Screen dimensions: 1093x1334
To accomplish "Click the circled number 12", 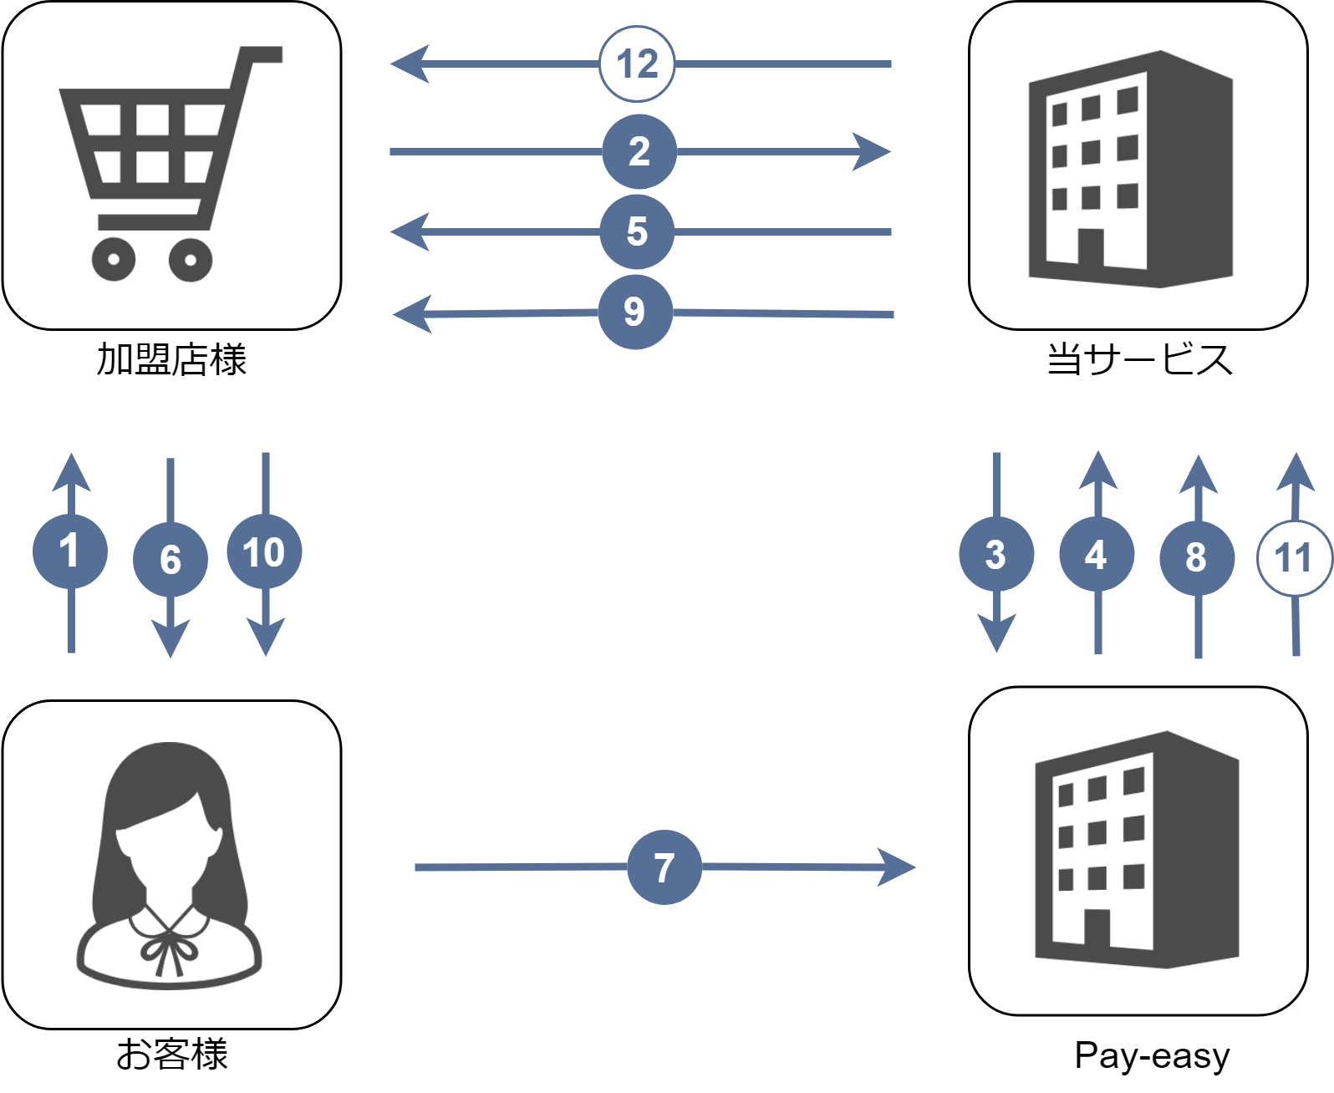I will tap(637, 64).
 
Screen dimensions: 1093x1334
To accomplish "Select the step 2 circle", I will tap(639, 151).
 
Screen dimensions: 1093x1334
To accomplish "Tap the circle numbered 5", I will tap(637, 231).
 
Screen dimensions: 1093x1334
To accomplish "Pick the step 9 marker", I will tap(635, 312).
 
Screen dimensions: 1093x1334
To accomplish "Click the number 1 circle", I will tap(70, 552).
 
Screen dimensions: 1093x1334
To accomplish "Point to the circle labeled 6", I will tap(171, 559).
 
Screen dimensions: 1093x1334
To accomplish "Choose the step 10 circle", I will tap(264, 552).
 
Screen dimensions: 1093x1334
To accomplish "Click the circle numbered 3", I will tap(995, 554).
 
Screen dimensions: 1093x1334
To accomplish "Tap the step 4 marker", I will tap(1097, 554).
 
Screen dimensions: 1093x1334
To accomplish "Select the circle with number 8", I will tap(1197, 557).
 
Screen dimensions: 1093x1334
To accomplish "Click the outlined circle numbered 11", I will tap(1294, 557).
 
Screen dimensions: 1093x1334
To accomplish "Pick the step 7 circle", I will tap(664, 867).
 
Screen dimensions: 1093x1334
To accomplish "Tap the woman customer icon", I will tap(171, 865).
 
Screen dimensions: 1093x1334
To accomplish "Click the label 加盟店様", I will tap(171, 360).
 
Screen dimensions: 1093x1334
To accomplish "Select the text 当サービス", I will tap(1139, 360).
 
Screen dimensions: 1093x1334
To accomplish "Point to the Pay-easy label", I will tap(1152, 1055).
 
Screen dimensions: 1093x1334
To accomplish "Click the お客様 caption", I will tap(171, 1054).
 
